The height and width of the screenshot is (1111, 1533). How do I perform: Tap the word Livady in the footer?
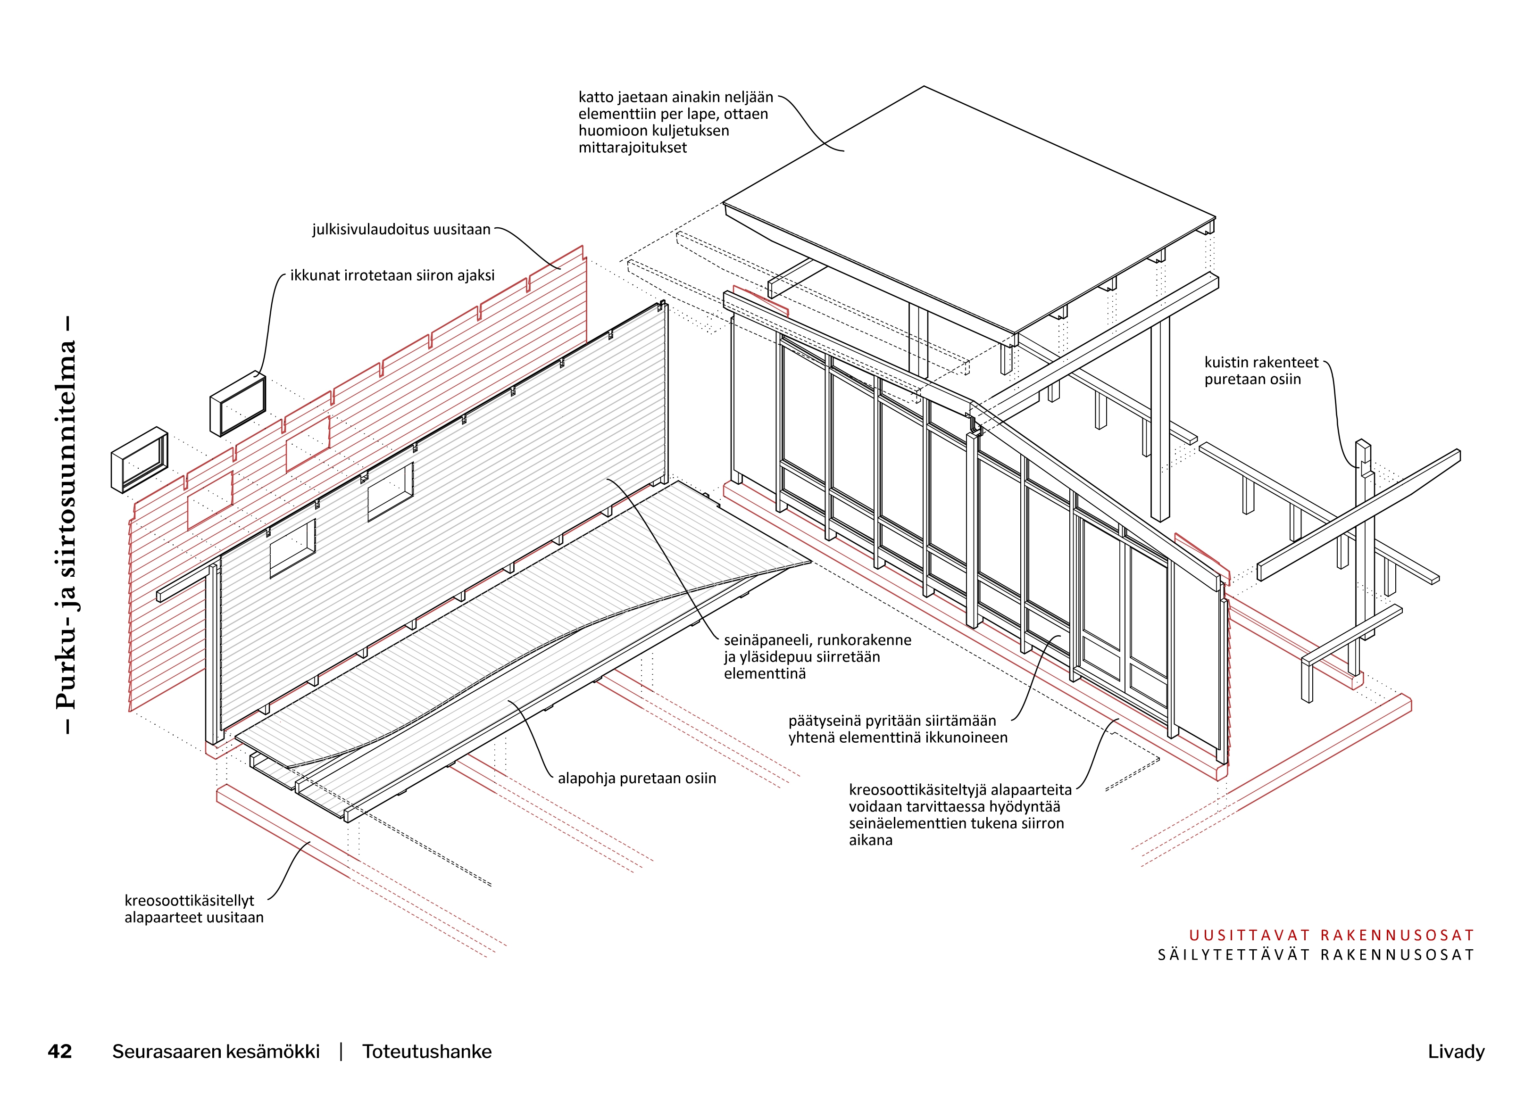coord(1456,1052)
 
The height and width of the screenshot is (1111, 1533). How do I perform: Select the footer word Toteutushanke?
coord(426,1052)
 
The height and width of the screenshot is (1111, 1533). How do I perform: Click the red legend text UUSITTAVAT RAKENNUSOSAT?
coord(1331,935)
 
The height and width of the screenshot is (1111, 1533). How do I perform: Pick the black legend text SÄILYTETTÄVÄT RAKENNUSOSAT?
coord(1316,954)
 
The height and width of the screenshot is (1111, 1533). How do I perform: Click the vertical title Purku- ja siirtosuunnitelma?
coord(66,524)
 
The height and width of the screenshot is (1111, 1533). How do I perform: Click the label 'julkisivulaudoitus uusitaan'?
coord(401,230)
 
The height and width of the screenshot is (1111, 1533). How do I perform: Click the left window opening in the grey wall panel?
coord(292,549)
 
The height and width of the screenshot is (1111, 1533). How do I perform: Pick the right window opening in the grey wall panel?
coord(391,492)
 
